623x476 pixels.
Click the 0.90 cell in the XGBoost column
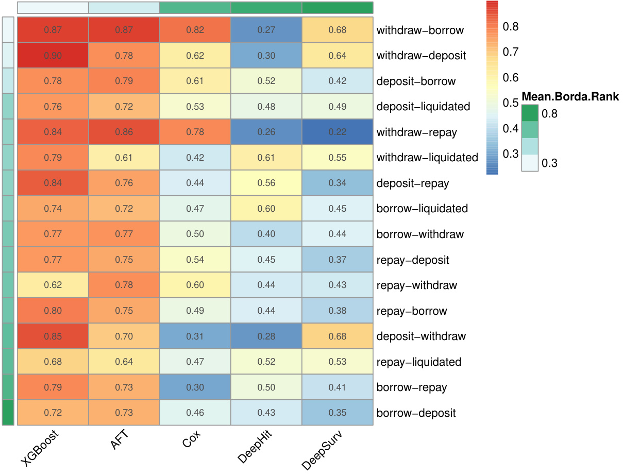pos(53,55)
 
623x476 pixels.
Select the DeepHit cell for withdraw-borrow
pos(266,30)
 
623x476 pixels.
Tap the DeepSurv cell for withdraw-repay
pos(338,132)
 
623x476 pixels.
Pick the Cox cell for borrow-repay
pos(195,387)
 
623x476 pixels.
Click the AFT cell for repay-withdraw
pos(124,285)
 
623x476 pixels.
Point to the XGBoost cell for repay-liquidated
pos(53,362)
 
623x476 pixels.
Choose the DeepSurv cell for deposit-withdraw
pos(338,336)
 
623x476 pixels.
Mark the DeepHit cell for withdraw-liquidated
pos(266,157)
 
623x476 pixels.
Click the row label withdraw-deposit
pos(421,55)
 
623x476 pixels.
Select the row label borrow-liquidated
pos(422,209)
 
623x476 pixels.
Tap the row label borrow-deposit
pos(416,413)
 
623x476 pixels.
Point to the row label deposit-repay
pos(412,183)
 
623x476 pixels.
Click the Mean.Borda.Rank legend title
pos(570,96)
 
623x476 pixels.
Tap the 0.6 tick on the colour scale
pos(510,77)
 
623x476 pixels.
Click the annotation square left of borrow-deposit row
pos(8,413)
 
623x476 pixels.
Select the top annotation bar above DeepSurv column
pos(338,8)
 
